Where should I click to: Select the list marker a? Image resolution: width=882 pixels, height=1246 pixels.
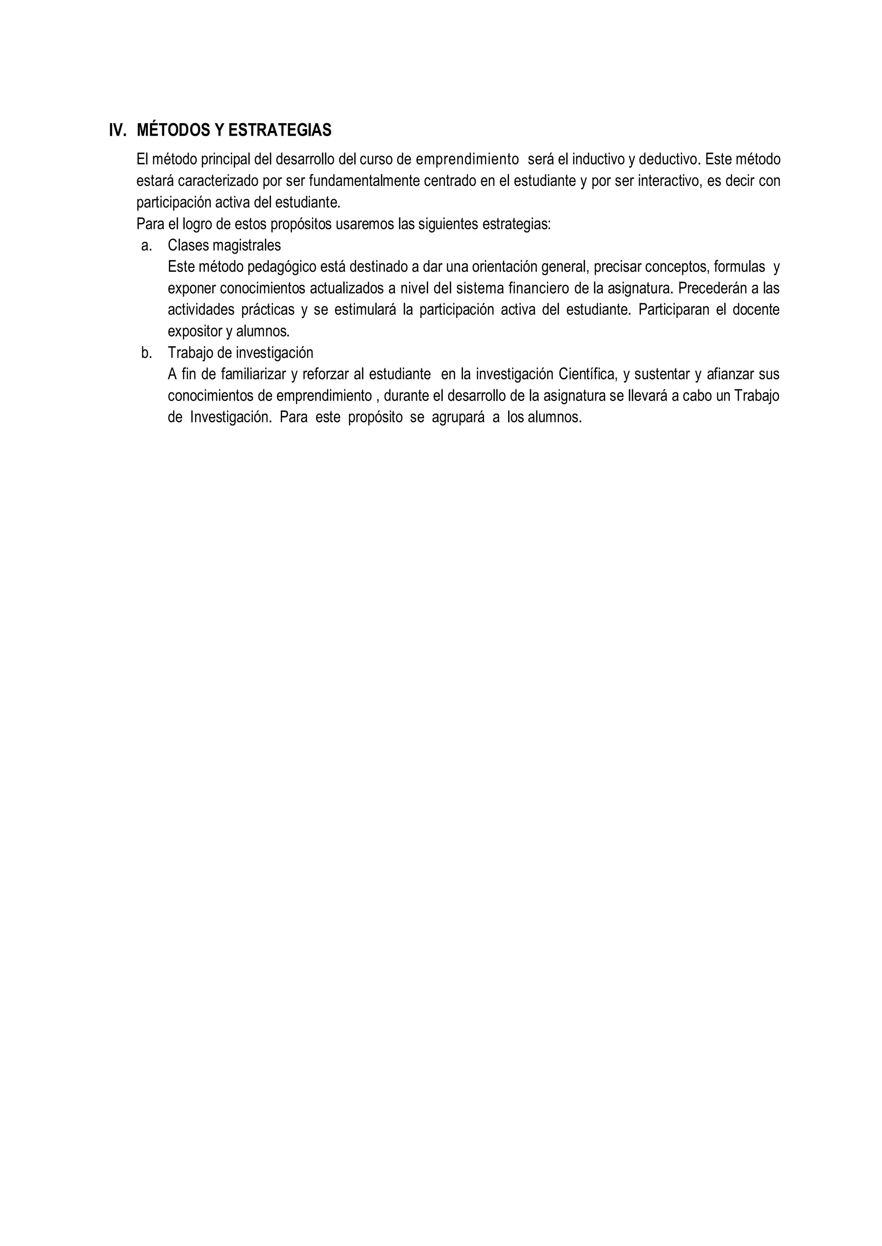(146, 245)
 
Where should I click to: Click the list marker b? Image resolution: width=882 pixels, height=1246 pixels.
(146, 353)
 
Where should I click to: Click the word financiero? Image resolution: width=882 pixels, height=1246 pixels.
(538, 289)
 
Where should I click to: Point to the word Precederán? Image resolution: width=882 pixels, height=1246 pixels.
(710, 289)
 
